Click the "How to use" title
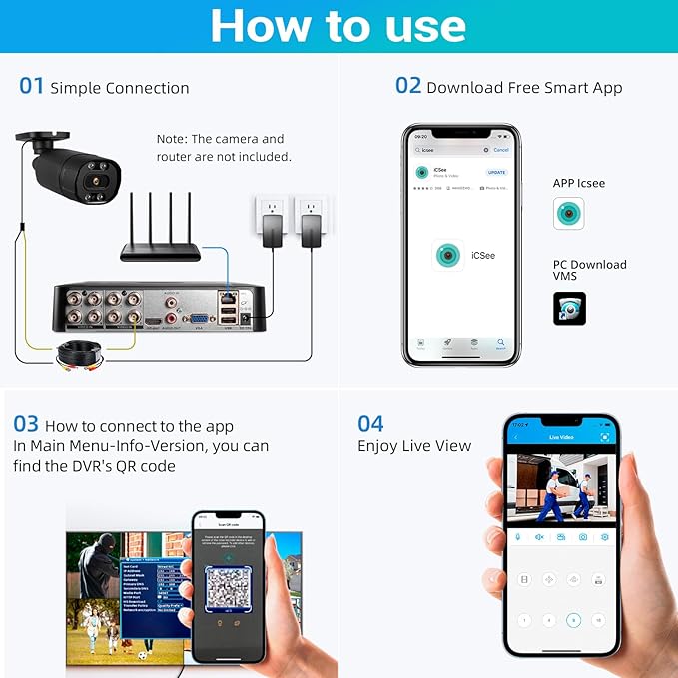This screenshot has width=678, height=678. tap(339, 27)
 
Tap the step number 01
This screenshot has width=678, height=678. tap(32, 87)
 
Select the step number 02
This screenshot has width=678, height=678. tap(408, 86)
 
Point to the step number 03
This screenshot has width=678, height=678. tap(26, 424)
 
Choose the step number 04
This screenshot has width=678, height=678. tap(370, 423)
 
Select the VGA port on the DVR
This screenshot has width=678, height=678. tap(199, 318)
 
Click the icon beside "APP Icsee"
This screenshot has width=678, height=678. tap(568, 213)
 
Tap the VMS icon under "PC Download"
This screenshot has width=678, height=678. tap(569, 308)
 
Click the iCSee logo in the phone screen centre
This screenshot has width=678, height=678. tap(449, 256)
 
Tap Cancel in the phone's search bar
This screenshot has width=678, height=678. tap(501, 150)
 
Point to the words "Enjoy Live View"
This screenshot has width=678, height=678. tap(414, 446)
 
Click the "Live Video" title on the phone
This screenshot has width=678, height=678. tap(560, 437)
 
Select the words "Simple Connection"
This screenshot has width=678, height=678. tap(120, 88)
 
